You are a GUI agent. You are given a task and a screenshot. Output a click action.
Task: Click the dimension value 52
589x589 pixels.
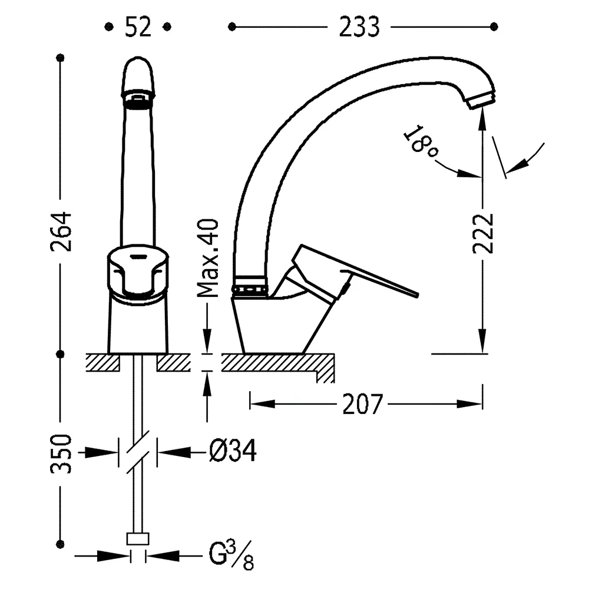[138, 27]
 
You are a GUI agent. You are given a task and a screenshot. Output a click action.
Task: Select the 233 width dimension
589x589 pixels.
[359, 27]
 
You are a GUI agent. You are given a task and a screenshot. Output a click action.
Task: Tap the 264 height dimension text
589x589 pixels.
[61, 231]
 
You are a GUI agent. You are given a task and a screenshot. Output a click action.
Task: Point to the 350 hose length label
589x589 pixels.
[61, 454]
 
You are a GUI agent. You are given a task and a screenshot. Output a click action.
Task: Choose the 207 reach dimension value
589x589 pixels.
[363, 403]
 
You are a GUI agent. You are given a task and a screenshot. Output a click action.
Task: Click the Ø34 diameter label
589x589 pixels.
[232, 452]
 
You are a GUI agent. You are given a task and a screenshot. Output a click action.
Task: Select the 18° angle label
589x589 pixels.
[422, 143]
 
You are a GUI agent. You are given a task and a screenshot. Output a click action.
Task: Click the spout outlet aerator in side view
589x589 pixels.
[481, 99]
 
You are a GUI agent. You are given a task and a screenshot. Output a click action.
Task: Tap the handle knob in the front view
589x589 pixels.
[138, 271]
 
